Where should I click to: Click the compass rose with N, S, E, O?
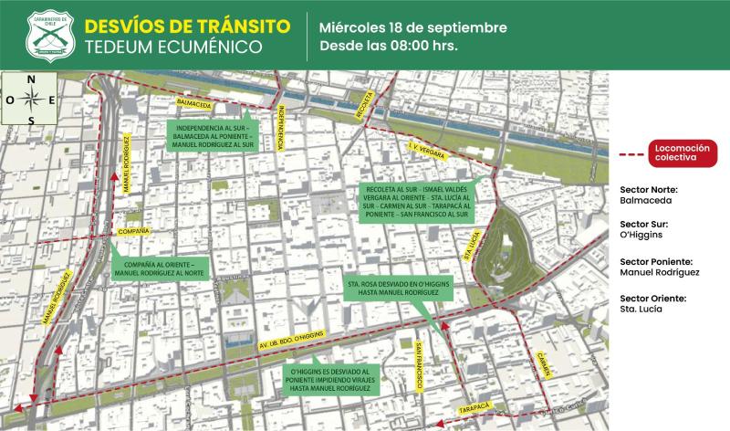click(32, 100)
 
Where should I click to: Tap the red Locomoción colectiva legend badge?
click(676, 152)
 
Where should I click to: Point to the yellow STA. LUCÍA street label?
click(472, 247)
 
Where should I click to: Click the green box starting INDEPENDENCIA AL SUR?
click(213, 135)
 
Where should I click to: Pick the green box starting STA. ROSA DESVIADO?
click(400, 289)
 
